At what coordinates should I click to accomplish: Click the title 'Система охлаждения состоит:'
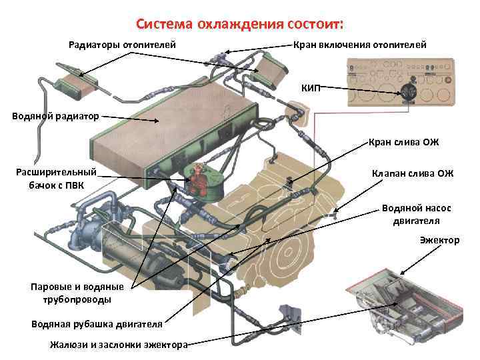coord(240,25)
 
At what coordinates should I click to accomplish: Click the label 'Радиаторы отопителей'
coord(123,45)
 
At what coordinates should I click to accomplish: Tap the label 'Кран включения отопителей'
coord(360,45)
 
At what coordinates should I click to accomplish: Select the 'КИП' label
coord(311,88)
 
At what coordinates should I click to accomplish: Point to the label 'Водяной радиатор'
coord(55,116)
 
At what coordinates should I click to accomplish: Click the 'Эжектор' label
coord(439,240)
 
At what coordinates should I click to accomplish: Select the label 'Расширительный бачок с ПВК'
coord(56,178)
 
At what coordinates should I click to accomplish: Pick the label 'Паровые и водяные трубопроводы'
coord(77,293)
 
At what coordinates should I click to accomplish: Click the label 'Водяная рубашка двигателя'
coord(97,324)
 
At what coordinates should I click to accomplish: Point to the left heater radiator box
coord(77,83)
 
